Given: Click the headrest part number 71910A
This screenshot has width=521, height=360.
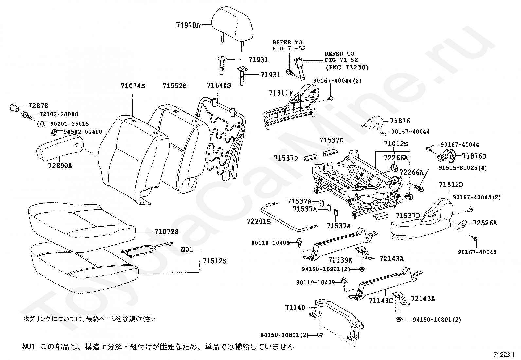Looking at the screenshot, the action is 188,25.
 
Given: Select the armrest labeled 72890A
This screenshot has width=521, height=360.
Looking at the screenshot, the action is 60,147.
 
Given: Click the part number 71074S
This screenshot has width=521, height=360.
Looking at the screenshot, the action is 133,86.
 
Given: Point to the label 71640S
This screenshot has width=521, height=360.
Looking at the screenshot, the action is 219,85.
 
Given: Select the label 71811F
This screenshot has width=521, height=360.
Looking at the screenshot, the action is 281,93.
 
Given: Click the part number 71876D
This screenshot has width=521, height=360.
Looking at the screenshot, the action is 474,156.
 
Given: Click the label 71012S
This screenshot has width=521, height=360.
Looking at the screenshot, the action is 396,144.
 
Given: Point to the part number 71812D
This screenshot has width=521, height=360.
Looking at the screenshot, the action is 451,184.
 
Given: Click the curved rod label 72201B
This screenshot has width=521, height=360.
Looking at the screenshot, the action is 259,221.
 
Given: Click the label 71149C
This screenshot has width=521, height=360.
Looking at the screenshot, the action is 381,301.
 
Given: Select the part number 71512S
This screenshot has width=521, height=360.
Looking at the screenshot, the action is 214,261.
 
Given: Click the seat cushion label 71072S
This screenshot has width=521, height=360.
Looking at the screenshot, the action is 167,232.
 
